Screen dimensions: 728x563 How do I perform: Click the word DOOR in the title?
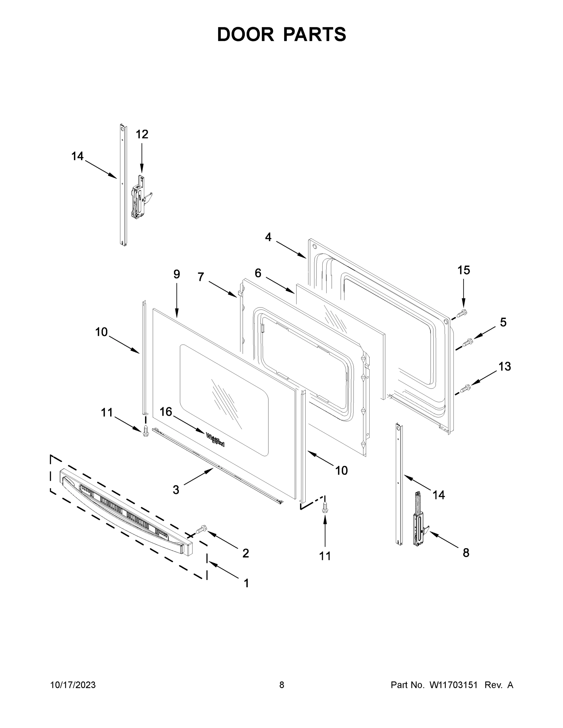(x=245, y=35)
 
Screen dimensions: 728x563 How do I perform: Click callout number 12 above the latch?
(x=142, y=134)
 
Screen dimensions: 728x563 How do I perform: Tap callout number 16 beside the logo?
(x=166, y=412)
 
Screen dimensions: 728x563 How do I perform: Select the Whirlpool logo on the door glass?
(x=215, y=440)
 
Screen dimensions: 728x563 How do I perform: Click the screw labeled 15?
(x=462, y=313)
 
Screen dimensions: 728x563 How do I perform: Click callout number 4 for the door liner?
(x=268, y=237)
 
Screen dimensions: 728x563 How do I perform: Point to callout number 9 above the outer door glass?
(x=176, y=274)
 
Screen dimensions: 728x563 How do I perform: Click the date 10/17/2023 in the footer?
(x=73, y=685)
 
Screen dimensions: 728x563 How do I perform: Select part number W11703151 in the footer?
(x=454, y=685)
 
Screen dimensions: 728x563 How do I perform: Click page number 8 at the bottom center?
(x=282, y=685)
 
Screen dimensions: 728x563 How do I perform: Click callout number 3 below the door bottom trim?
(x=176, y=490)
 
